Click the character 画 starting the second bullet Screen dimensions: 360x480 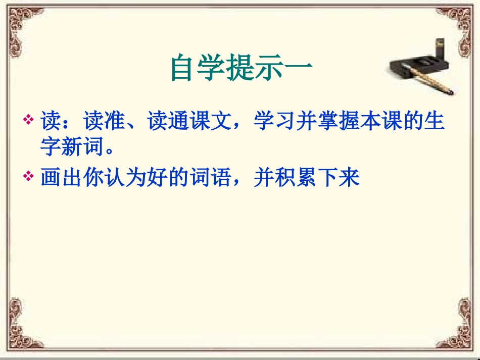[52, 178]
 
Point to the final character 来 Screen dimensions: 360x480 [349, 178]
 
